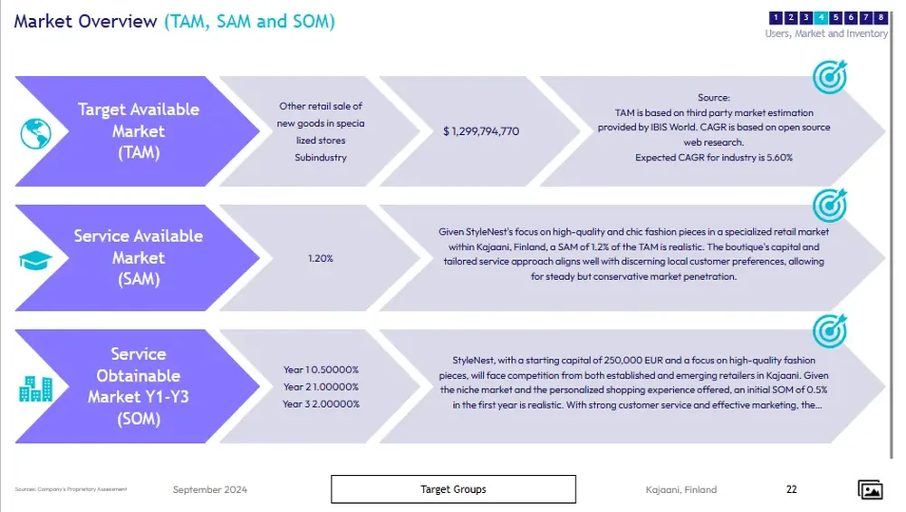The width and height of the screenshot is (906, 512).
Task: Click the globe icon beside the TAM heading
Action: pos(36,133)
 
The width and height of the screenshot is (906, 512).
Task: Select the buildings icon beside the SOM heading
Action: pos(36,388)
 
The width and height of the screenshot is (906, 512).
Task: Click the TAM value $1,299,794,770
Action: pos(481,132)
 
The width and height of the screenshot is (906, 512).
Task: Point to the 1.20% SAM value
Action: pos(321,259)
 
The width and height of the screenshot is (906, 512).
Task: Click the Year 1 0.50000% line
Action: pos(321,370)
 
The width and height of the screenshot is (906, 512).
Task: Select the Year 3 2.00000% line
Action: pos(321,404)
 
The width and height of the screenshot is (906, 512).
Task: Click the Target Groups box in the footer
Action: pos(453,489)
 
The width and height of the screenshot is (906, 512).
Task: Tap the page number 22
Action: pos(792,489)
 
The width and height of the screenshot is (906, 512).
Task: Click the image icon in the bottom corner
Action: pos(870,489)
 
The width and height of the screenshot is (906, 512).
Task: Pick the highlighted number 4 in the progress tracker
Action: pos(821,17)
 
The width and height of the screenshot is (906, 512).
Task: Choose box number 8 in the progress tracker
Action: pos(881,17)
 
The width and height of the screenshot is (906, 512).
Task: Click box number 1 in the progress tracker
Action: pos(776,17)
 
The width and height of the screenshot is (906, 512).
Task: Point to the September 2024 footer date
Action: pos(210,490)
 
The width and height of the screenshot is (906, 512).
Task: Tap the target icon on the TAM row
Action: pos(829,77)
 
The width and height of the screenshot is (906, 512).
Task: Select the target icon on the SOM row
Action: pos(829,331)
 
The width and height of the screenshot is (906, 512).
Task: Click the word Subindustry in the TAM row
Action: pos(321,158)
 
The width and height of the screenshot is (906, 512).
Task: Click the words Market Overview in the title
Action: pos(85,22)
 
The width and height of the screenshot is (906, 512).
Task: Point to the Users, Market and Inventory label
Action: pos(826,34)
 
